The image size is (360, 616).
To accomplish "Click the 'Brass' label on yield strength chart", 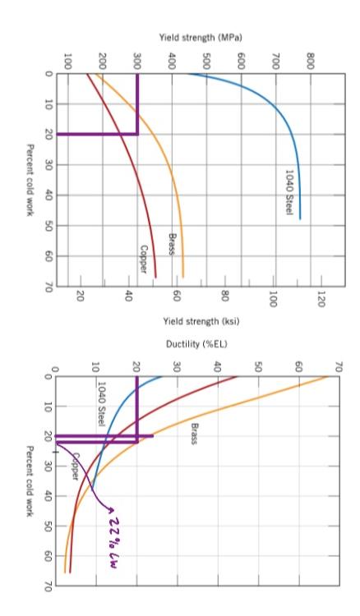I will [x=173, y=242].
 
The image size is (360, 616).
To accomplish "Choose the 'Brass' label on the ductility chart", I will [x=195, y=433].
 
